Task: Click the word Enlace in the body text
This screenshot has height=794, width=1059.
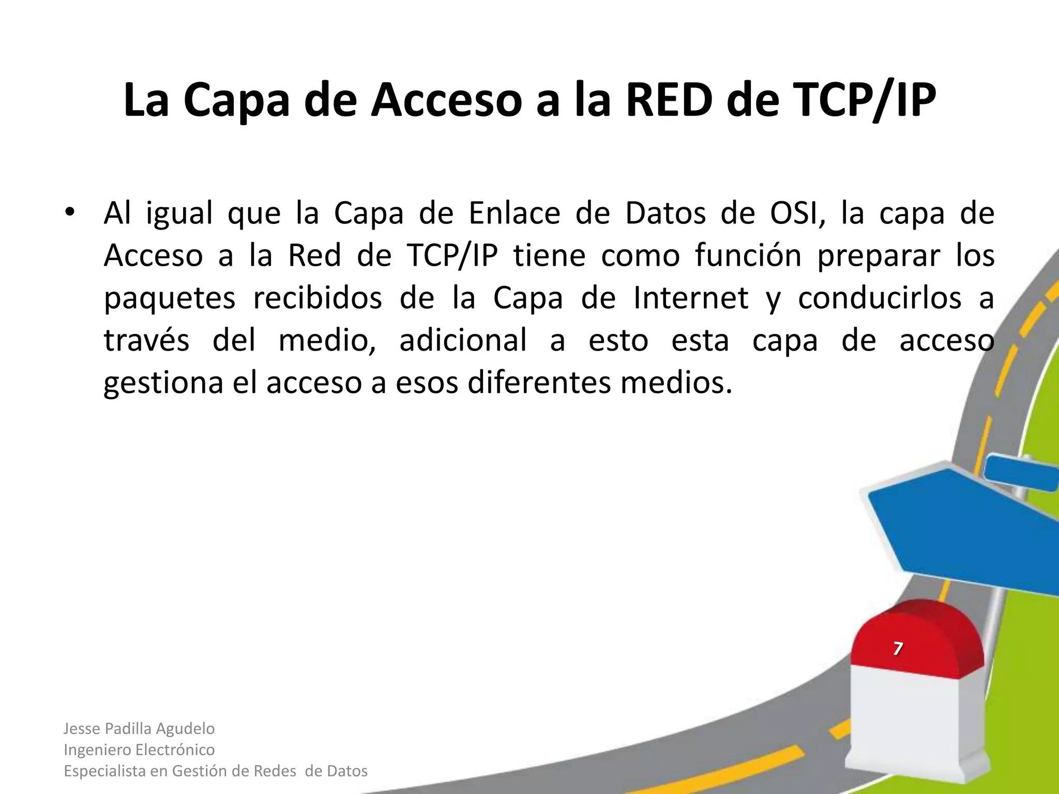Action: click(515, 213)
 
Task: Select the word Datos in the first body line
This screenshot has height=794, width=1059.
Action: click(665, 213)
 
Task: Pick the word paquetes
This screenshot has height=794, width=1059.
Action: click(170, 299)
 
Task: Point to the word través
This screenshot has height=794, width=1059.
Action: click(146, 340)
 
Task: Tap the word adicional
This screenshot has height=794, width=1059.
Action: click(463, 340)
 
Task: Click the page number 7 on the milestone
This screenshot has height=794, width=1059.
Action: click(898, 648)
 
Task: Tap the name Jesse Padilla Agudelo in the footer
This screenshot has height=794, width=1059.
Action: click(139, 728)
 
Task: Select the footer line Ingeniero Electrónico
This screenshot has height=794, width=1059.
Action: click(139, 750)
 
